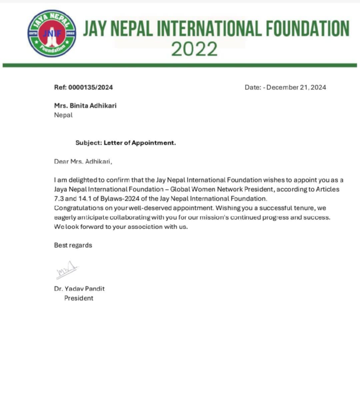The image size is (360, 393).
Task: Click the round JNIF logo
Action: tap(52, 33)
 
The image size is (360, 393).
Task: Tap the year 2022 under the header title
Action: tap(194, 49)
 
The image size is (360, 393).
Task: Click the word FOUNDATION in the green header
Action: tap(307, 29)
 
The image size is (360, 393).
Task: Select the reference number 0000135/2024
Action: tap(91, 87)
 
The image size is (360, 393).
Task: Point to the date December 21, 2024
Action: tap(296, 87)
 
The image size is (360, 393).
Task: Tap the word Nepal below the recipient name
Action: tap(63, 115)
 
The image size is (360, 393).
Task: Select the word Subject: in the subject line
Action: tap(89, 143)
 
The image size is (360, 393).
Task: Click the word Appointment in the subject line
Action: tap(153, 143)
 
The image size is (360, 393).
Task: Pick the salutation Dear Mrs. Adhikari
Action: tap(83, 162)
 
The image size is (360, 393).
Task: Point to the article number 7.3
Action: tap(59, 199)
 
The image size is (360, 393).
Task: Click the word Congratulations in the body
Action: tap(79, 208)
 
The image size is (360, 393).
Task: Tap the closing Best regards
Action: tap(73, 245)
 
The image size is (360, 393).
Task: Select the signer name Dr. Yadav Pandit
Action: tap(79, 289)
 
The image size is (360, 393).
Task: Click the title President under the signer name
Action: tap(79, 298)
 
